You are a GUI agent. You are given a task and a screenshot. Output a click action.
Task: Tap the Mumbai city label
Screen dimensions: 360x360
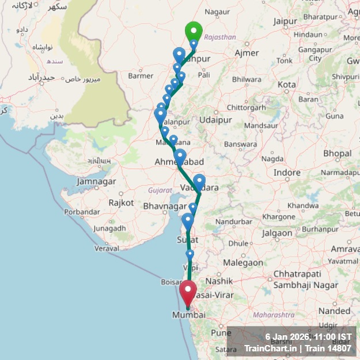189,315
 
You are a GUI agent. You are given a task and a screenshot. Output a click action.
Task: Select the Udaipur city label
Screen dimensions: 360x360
214,120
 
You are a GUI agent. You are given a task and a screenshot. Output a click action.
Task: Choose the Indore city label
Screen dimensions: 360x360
287,172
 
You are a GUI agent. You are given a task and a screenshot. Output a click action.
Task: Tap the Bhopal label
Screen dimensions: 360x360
337,153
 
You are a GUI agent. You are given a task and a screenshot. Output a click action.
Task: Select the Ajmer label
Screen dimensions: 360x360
247,53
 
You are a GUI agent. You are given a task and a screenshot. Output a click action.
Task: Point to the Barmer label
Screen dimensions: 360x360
141,75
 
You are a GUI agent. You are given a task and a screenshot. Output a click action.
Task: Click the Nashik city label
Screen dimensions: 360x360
218,281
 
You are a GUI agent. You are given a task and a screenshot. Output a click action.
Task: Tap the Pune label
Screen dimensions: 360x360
221,333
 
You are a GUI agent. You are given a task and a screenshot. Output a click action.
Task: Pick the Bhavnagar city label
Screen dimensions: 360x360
162,206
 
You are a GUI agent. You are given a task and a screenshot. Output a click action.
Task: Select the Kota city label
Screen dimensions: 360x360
287,84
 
